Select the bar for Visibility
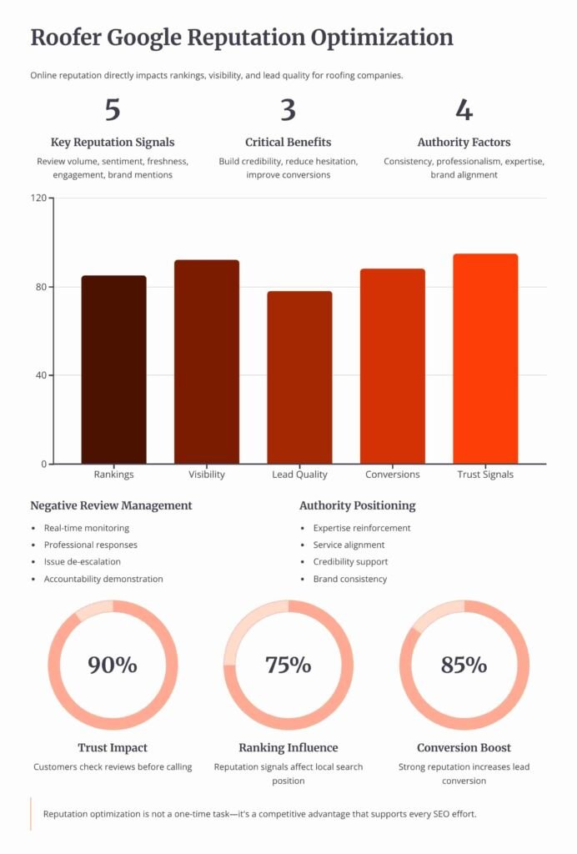click(x=207, y=362)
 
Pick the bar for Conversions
click(x=393, y=366)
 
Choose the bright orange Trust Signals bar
click(x=485, y=359)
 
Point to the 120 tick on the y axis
click(x=38, y=198)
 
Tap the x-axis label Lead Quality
click(x=299, y=475)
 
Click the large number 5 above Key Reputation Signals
click(x=113, y=110)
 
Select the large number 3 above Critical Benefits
click(x=288, y=110)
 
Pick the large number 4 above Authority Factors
click(x=464, y=110)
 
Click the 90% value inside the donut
click(x=113, y=665)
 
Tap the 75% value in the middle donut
click(x=288, y=665)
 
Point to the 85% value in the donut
click(x=464, y=665)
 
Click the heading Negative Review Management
click(x=111, y=505)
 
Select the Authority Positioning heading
click(x=357, y=505)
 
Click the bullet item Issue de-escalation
click(x=83, y=562)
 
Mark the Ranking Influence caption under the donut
click(x=288, y=747)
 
